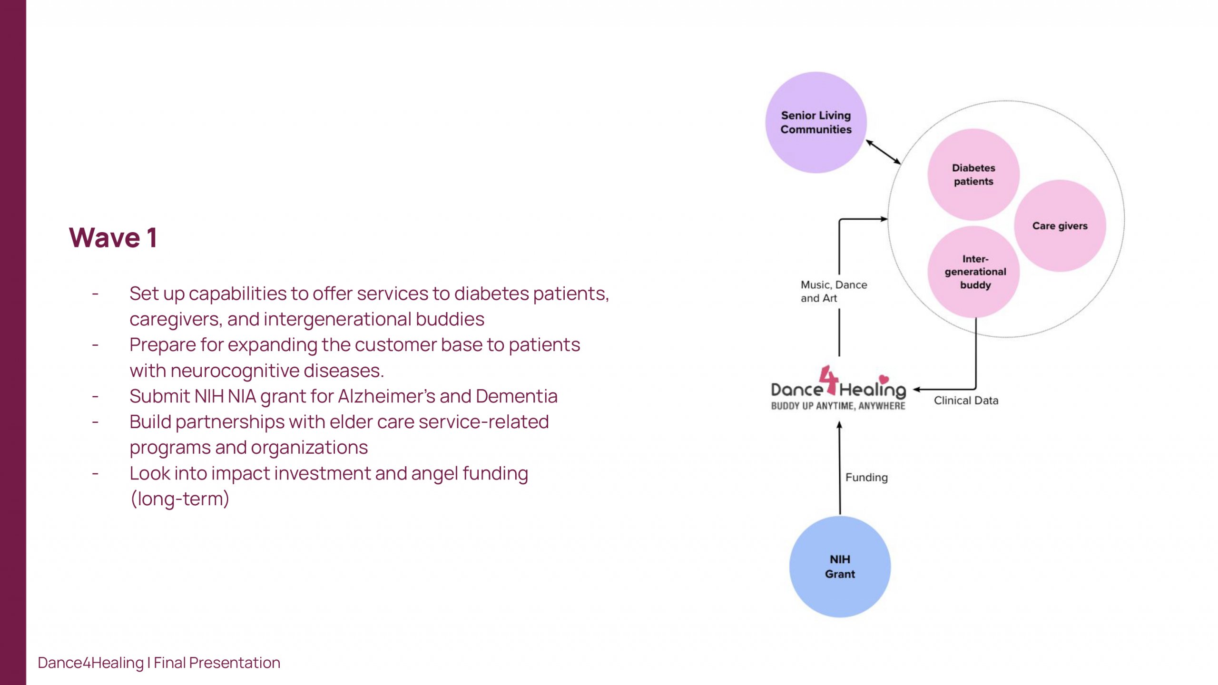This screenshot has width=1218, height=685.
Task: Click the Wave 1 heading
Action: [x=113, y=237]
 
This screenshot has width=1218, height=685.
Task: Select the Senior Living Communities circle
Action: [x=816, y=122]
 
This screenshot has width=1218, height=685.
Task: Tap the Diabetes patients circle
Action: [x=973, y=175]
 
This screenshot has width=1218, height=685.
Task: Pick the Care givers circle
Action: [x=1060, y=226]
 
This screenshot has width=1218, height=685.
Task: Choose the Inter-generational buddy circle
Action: [x=975, y=272]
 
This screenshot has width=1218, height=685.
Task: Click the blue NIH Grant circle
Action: [x=840, y=567]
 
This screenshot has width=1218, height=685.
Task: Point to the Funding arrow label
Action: [x=866, y=477]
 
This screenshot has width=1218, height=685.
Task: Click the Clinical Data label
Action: [x=966, y=401]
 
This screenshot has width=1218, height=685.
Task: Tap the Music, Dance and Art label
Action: [x=834, y=291]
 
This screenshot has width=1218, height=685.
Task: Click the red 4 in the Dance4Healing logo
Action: [x=829, y=381]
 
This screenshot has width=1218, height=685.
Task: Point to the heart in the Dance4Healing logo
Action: [x=884, y=379]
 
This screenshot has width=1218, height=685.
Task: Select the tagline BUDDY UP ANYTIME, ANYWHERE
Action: [x=838, y=406]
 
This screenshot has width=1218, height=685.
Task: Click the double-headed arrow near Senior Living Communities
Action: [x=883, y=152]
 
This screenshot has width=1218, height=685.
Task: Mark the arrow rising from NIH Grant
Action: [x=840, y=469]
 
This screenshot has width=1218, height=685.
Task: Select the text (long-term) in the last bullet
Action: [x=180, y=499]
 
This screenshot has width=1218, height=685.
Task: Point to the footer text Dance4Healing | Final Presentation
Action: [x=159, y=663]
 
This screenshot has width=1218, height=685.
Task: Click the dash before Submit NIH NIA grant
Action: [x=96, y=396]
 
